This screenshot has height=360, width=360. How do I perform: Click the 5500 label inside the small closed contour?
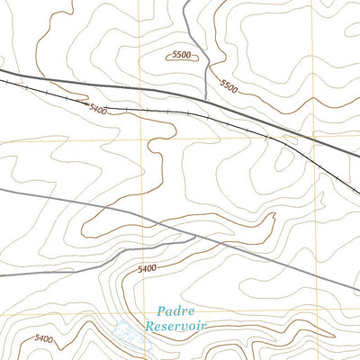tap(181, 56)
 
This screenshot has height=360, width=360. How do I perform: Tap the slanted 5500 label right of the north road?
tap(229, 86)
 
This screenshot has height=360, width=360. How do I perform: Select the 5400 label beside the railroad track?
tap(98, 109)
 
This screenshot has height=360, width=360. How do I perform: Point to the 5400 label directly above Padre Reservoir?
tap(148, 268)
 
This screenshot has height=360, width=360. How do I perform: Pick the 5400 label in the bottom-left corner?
tap(42, 338)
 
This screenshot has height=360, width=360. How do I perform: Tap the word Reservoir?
tap(176, 325)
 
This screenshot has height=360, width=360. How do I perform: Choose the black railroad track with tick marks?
tap(180, 112)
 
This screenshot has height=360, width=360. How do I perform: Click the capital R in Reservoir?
tap(150, 325)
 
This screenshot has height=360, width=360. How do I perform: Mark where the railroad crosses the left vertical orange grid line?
tap(141, 109)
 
